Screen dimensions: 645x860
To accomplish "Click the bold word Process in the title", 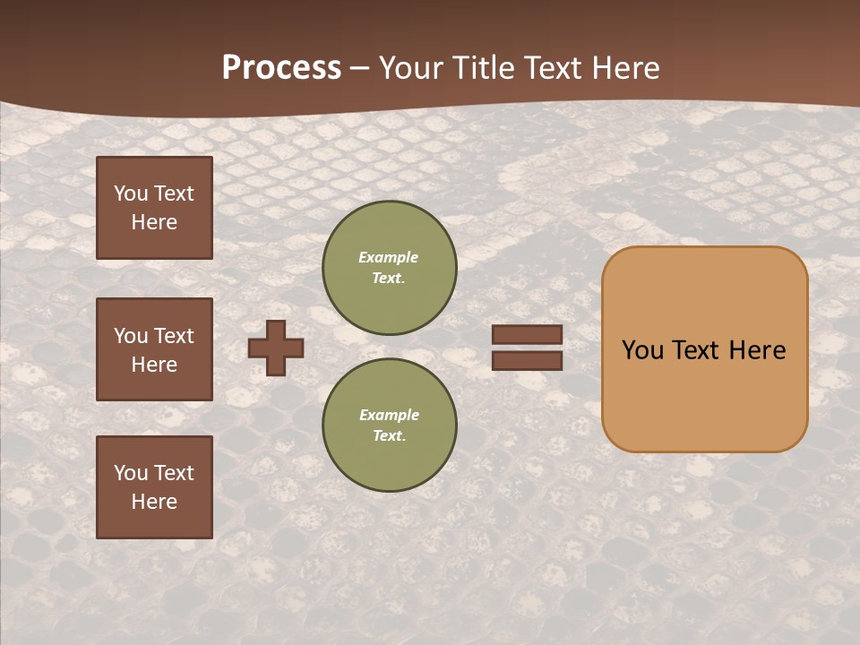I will (x=281, y=68).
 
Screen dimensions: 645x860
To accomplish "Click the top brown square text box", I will (x=154, y=208).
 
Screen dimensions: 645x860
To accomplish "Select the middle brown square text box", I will (x=154, y=349).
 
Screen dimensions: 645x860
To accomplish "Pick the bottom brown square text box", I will (x=154, y=487).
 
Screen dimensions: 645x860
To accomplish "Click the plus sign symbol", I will (x=276, y=348).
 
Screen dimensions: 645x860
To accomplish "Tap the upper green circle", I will (x=390, y=268).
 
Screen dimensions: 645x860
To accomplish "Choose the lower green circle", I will (x=390, y=426).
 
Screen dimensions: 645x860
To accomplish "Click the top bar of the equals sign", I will (x=527, y=334).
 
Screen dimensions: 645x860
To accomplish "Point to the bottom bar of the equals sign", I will (x=527, y=361).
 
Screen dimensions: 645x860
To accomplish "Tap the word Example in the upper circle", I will (x=389, y=257).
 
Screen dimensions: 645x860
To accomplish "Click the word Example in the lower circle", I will (x=389, y=415).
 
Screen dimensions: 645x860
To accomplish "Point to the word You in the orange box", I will (x=642, y=350).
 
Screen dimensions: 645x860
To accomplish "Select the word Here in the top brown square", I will (x=154, y=222).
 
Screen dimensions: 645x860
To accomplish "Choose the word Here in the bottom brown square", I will (x=154, y=502).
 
